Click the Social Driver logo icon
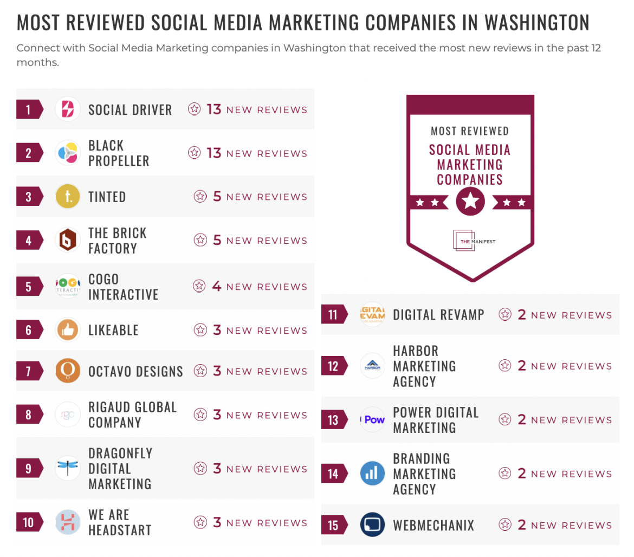coord(68,109)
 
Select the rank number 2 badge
coord(28,153)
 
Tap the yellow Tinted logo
coord(68,197)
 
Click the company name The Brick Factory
coord(118,241)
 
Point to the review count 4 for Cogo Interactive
coord(217,287)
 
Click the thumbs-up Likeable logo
coord(68,330)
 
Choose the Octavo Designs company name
coord(135,372)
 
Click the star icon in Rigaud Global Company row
coord(200,415)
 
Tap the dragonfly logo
coord(68,468)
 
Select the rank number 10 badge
coord(28,522)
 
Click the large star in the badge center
coord(470,202)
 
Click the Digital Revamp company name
coord(438,315)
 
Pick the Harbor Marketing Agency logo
coord(372,366)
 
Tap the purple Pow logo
coord(373,419)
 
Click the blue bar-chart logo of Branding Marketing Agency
coord(372,474)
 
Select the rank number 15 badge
coord(333,525)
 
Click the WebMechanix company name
coord(433,525)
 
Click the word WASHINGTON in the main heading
coord(536,23)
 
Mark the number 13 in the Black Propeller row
coord(214,153)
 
